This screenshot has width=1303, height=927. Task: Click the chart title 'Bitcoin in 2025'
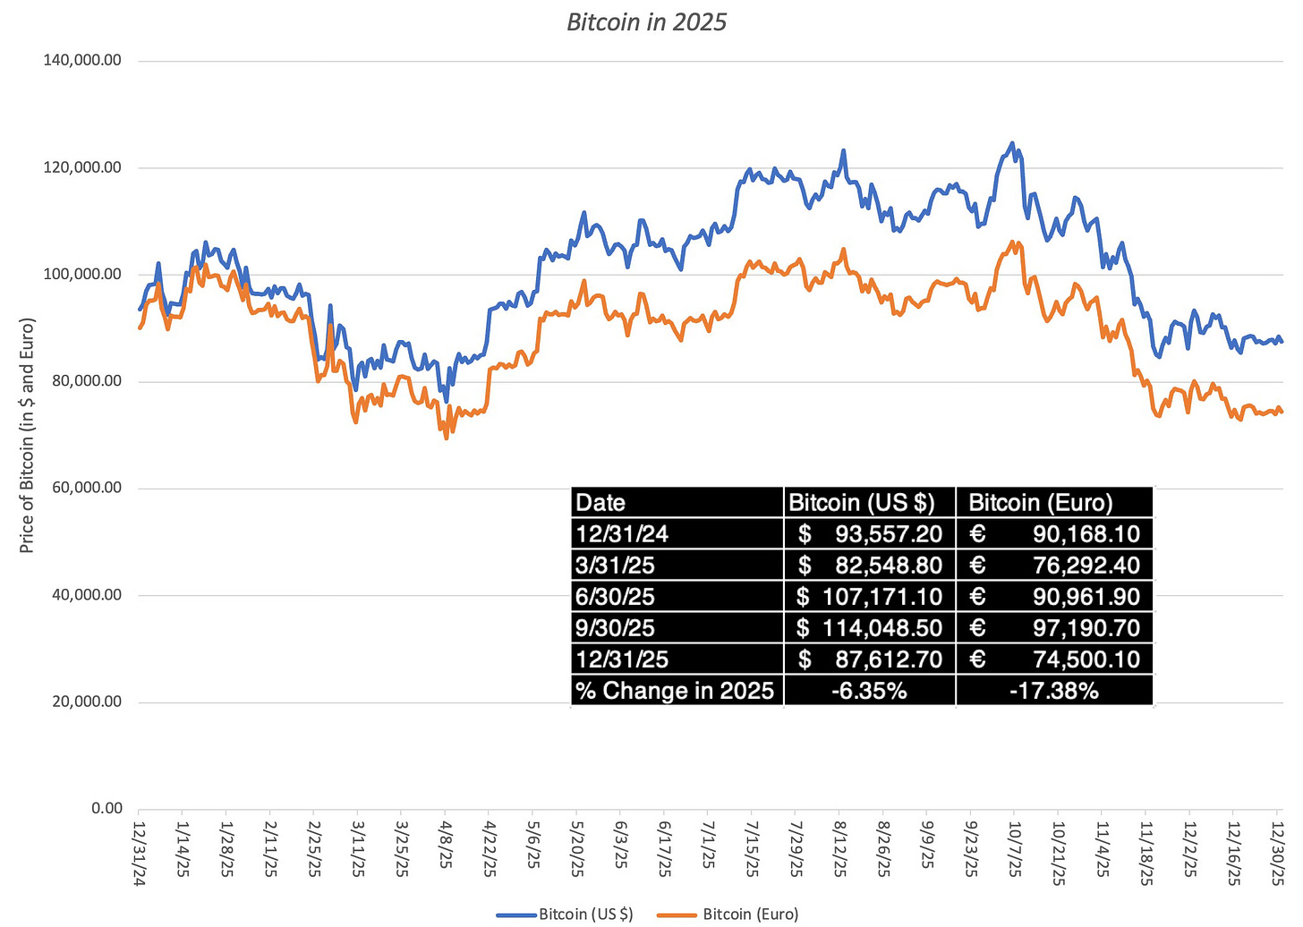646,21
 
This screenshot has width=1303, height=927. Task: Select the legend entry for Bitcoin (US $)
585,914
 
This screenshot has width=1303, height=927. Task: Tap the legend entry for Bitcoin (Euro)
750,914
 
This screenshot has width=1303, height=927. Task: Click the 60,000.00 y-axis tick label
90,489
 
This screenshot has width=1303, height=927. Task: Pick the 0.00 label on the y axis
106,808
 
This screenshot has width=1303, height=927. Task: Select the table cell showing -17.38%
1053,691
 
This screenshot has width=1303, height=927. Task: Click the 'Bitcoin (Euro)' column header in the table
1041,503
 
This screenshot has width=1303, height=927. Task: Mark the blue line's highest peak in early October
1012,142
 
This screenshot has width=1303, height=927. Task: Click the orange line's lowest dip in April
446,438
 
